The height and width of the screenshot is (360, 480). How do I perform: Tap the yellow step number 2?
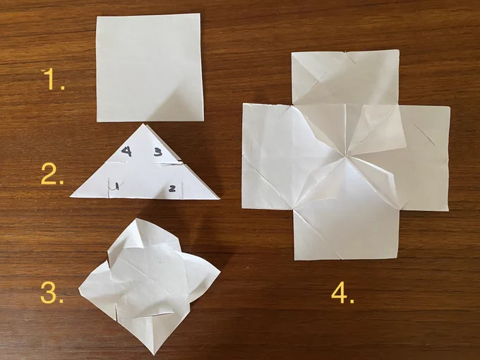(52, 174)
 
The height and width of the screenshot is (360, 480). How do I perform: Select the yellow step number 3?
(52, 292)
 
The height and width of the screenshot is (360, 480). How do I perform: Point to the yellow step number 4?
(342, 292)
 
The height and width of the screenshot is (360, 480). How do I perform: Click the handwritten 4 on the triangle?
(127, 151)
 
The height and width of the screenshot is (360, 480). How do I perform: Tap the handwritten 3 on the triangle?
(158, 152)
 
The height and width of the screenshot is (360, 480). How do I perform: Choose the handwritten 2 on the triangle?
(172, 188)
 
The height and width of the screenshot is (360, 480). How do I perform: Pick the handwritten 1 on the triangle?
(115, 186)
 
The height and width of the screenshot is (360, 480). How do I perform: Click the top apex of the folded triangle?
(143, 124)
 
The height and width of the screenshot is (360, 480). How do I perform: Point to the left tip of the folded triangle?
(71, 196)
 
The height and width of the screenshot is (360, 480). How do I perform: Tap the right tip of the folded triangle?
(219, 198)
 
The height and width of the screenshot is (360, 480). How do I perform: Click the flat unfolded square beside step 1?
(150, 68)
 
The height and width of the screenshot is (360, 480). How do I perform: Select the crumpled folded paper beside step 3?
(149, 284)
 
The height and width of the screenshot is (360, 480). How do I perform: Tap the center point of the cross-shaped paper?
(346, 157)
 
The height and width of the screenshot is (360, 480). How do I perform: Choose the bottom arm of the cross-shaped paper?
(346, 235)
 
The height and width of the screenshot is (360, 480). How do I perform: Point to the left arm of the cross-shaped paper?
(267, 157)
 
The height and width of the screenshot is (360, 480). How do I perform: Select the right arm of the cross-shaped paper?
(424, 158)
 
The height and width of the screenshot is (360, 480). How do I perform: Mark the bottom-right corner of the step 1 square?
(203, 121)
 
